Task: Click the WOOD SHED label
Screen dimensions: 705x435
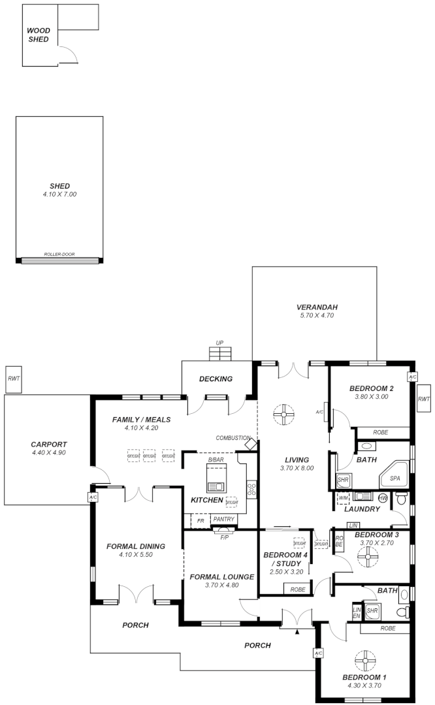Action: point(39,35)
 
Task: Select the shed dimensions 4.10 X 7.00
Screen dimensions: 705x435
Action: point(59,195)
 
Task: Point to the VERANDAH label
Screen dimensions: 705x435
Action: point(317,307)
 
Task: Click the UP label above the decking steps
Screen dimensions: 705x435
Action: point(219,342)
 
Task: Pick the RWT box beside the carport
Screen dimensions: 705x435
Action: point(13,379)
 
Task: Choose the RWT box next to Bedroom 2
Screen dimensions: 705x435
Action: point(424,399)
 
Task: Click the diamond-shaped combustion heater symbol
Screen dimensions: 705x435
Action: point(250,444)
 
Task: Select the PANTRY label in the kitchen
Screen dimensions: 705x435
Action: point(223,520)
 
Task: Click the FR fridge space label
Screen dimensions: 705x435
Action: point(200,520)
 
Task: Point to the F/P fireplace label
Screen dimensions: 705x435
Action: point(224,537)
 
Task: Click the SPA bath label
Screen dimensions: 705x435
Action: point(395,478)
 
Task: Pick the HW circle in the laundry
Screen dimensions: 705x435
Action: point(383,498)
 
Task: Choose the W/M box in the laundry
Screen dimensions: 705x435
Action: point(344,498)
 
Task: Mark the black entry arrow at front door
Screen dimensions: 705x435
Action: point(297,632)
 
